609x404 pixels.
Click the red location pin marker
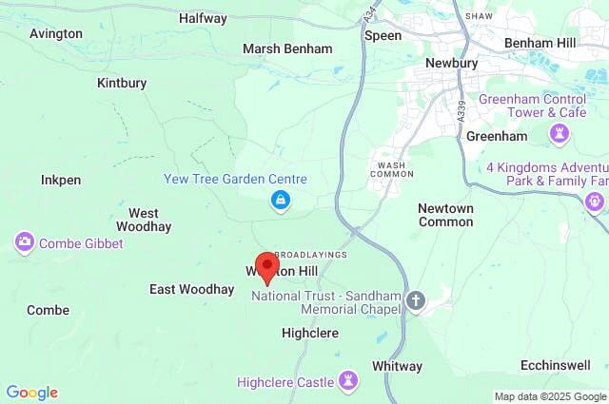click(267, 266)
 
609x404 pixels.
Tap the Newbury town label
click(451, 63)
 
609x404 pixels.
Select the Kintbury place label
click(122, 83)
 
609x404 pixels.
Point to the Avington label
click(56, 33)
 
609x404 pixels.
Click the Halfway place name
click(203, 18)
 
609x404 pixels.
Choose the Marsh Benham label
click(287, 48)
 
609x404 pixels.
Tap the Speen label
click(383, 35)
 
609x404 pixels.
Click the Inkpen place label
click(61, 180)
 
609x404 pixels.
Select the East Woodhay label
click(191, 289)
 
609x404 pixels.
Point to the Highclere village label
click(310, 333)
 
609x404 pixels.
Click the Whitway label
click(397, 366)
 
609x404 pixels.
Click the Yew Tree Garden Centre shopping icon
click(280, 199)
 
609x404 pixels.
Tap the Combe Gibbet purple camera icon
click(25, 243)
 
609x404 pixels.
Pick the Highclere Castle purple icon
click(349, 381)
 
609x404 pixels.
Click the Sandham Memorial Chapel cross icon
click(415, 301)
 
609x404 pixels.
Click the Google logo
click(31, 393)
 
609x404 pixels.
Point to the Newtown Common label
click(445, 215)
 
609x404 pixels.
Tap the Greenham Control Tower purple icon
click(560, 135)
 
